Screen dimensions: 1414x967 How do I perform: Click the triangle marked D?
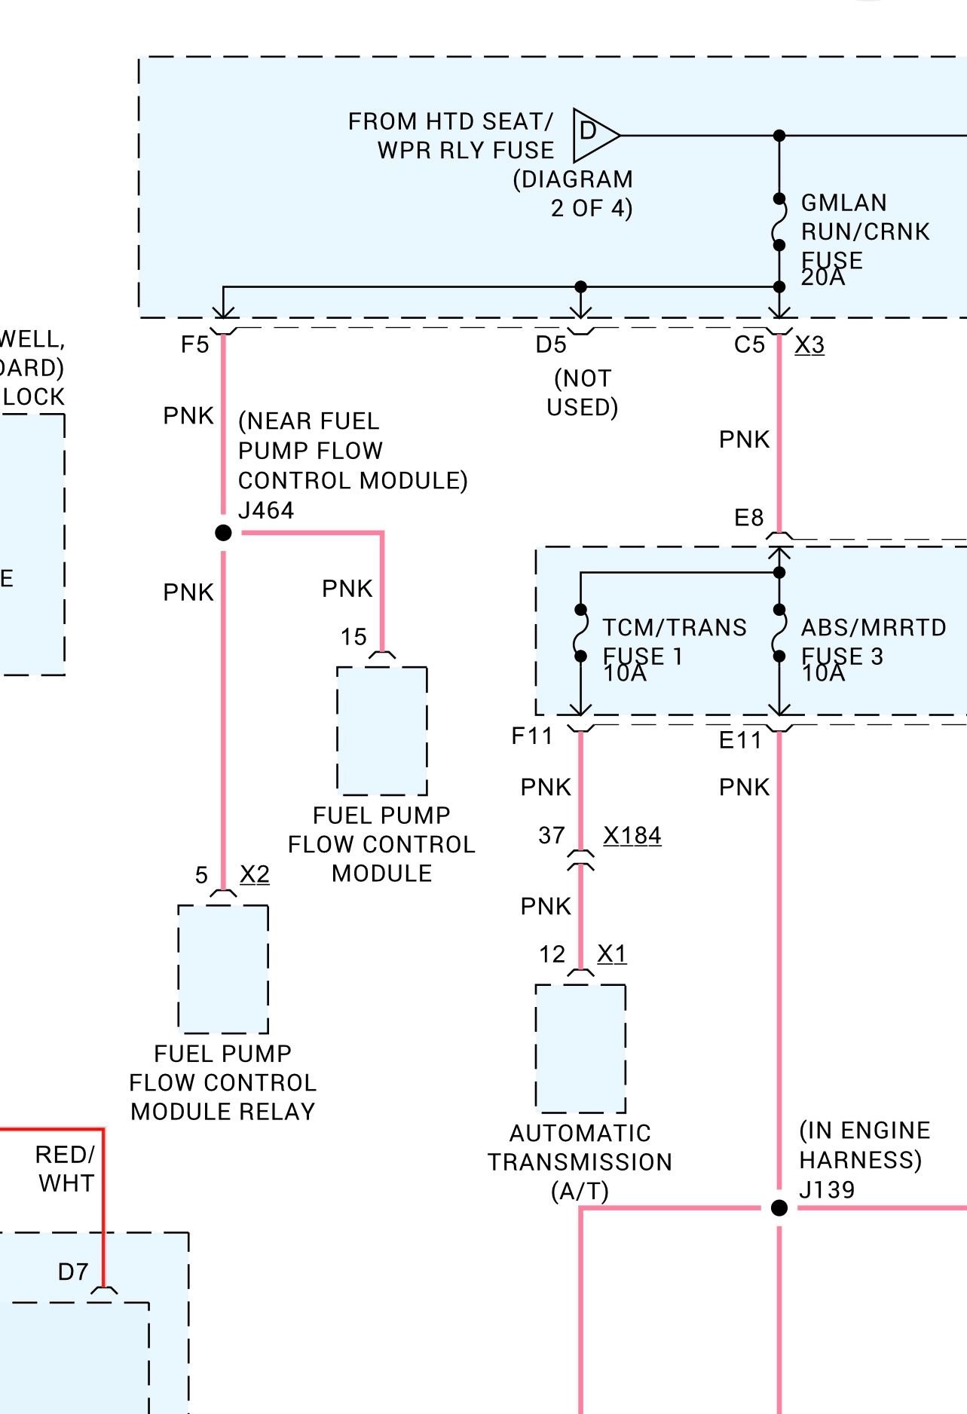pos(592,135)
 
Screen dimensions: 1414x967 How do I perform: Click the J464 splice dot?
pos(223,533)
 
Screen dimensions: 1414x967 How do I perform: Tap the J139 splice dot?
pos(779,1208)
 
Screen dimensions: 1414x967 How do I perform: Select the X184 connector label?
pos(632,836)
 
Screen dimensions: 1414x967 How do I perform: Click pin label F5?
pos(194,344)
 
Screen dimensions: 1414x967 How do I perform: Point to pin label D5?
pos(551,344)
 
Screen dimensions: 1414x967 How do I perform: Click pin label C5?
pos(749,344)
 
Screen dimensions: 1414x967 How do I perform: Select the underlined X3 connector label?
pos(809,344)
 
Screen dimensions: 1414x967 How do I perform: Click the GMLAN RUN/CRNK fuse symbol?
pos(779,222)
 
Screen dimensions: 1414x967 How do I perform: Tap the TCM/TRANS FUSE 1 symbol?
pos(580,633)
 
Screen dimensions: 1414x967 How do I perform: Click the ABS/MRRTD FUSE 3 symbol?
pos(779,633)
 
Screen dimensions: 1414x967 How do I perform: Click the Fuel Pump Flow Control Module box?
pos(382,730)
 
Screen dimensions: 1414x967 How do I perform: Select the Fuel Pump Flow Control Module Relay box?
pos(223,969)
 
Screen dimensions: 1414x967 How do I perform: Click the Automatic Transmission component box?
pos(580,1048)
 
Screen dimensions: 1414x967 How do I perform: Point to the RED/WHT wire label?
pos(66,1168)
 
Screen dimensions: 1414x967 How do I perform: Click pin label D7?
pos(73,1272)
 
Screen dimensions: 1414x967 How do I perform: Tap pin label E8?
pos(749,518)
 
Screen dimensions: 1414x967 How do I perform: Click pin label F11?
pos(532,736)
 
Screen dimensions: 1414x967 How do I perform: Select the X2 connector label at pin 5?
pos(255,874)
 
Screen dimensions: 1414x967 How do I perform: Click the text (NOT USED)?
pos(583,393)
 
